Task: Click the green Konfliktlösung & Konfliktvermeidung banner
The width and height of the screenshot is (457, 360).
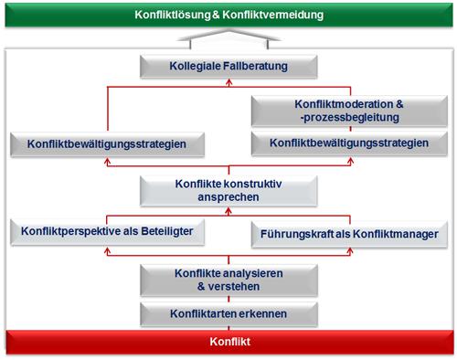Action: [228, 16]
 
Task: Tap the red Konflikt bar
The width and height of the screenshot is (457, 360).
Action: [228, 344]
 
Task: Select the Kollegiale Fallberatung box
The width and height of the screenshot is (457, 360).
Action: [228, 67]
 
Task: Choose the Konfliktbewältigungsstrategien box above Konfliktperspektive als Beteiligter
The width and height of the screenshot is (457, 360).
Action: [108, 144]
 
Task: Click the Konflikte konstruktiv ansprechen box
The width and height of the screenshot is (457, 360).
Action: [228, 191]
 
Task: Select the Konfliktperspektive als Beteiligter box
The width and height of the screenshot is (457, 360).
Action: [108, 231]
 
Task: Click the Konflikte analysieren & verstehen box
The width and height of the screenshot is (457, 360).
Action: [228, 279]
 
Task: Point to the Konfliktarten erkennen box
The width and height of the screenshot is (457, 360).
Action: [228, 315]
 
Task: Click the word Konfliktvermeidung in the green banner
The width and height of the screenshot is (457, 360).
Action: [273, 16]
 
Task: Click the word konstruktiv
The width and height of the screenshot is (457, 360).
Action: [257, 184]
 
